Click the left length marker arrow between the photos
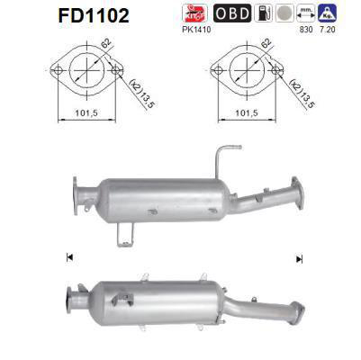[x=68, y=258]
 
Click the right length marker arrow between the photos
[x=298, y=258]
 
